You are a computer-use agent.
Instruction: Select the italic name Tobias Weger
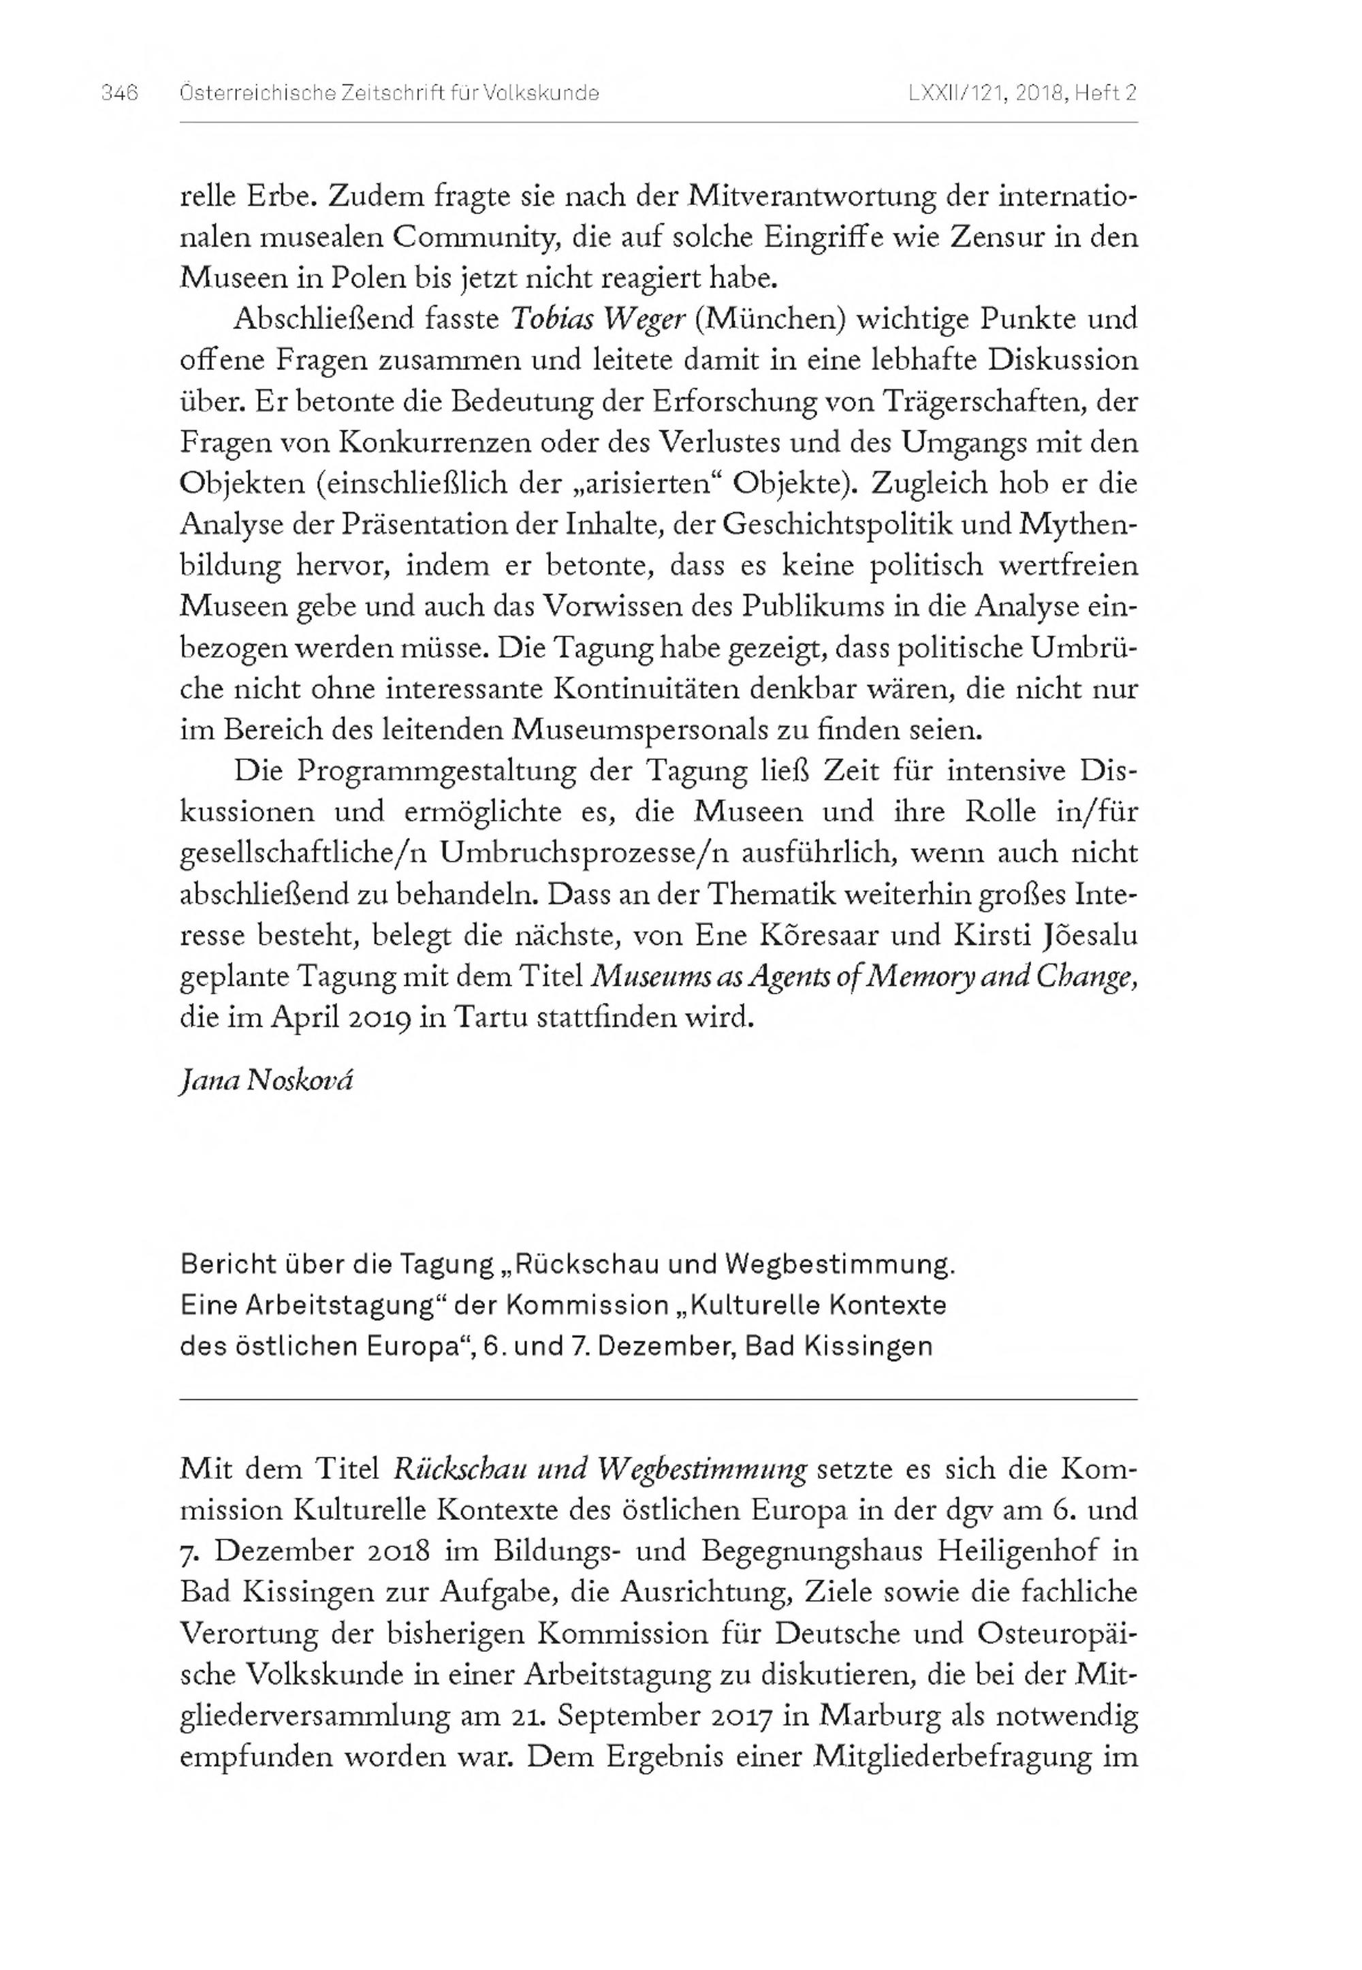(x=597, y=319)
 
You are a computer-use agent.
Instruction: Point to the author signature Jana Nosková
(x=266, y=1080)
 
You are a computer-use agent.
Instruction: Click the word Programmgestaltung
(x=435, y=772)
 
